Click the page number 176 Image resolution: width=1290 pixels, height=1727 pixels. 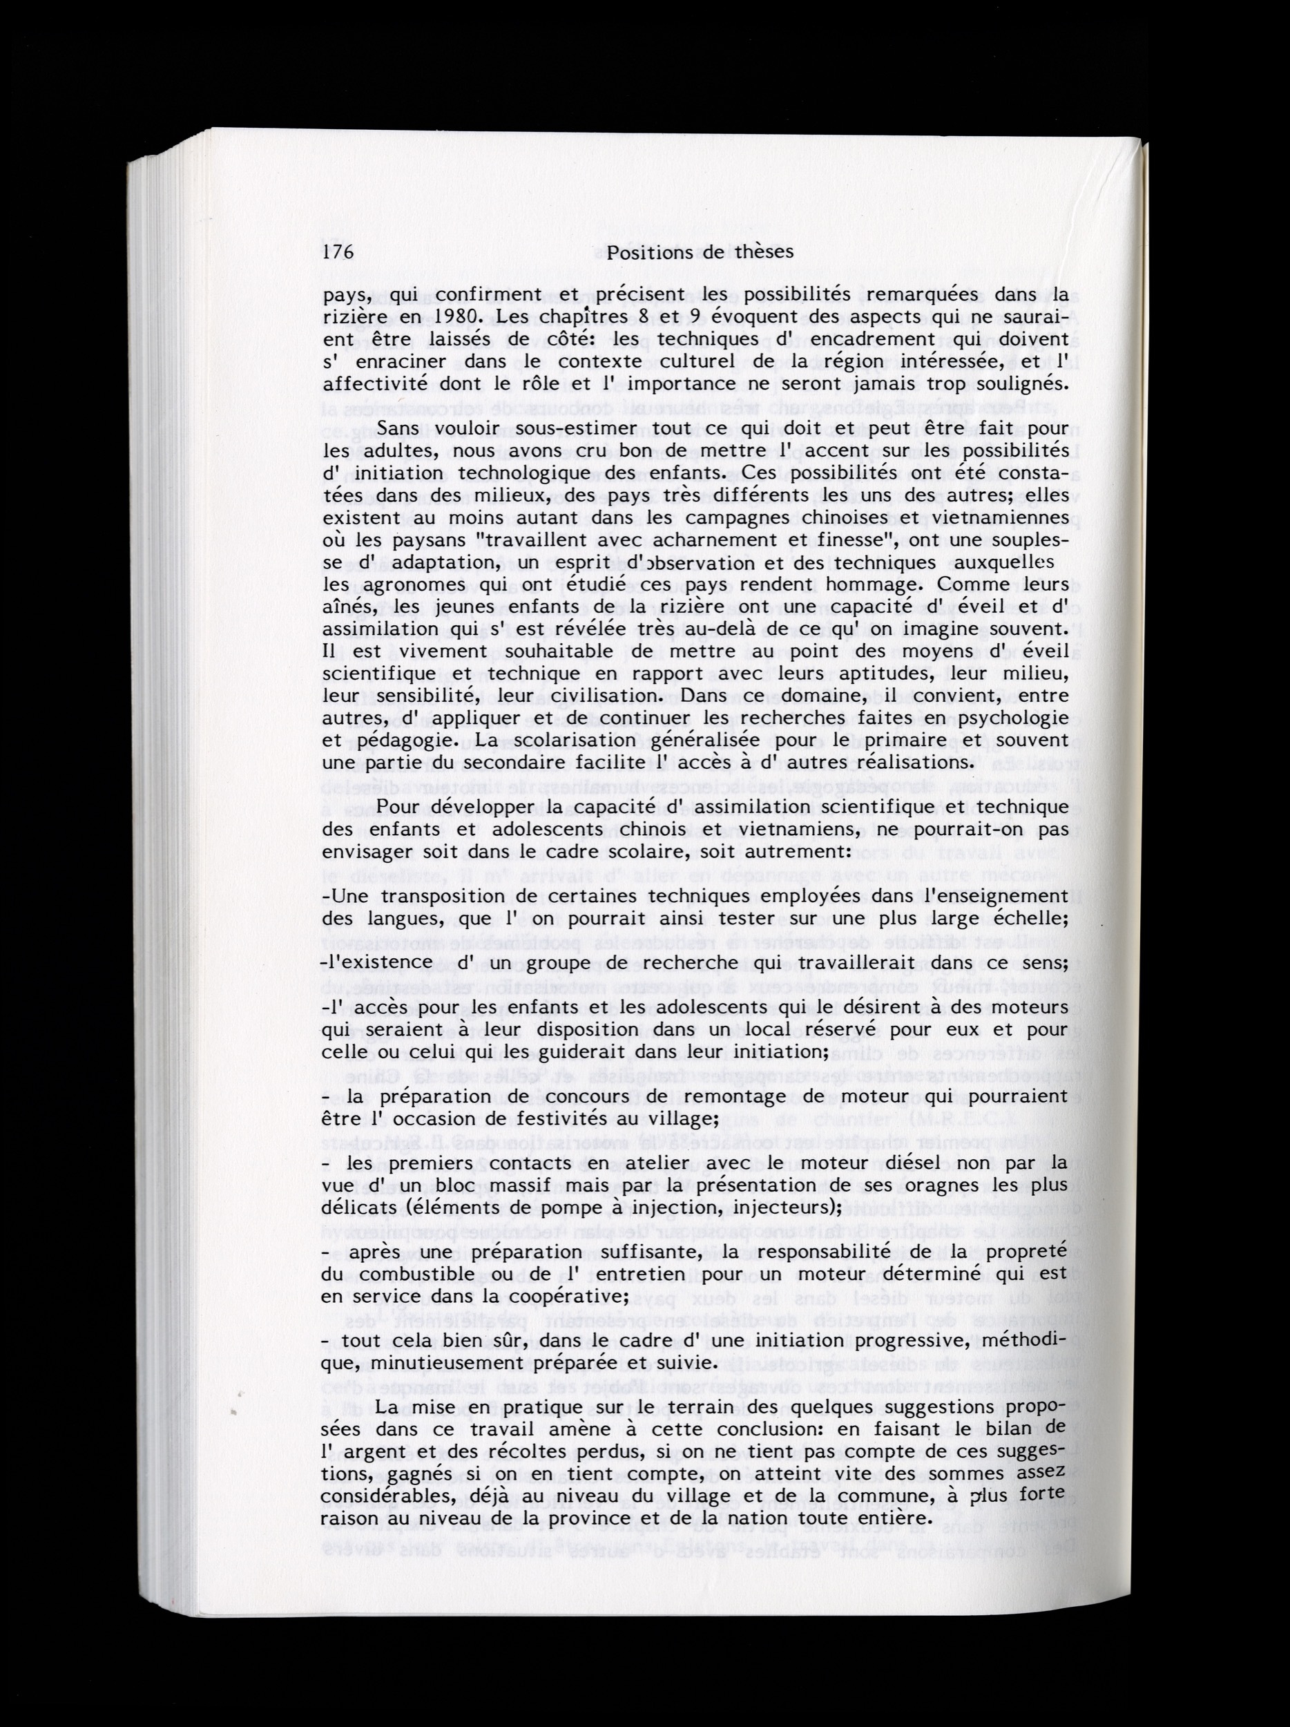[338, 252]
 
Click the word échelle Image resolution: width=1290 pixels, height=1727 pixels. [1021, 918]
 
